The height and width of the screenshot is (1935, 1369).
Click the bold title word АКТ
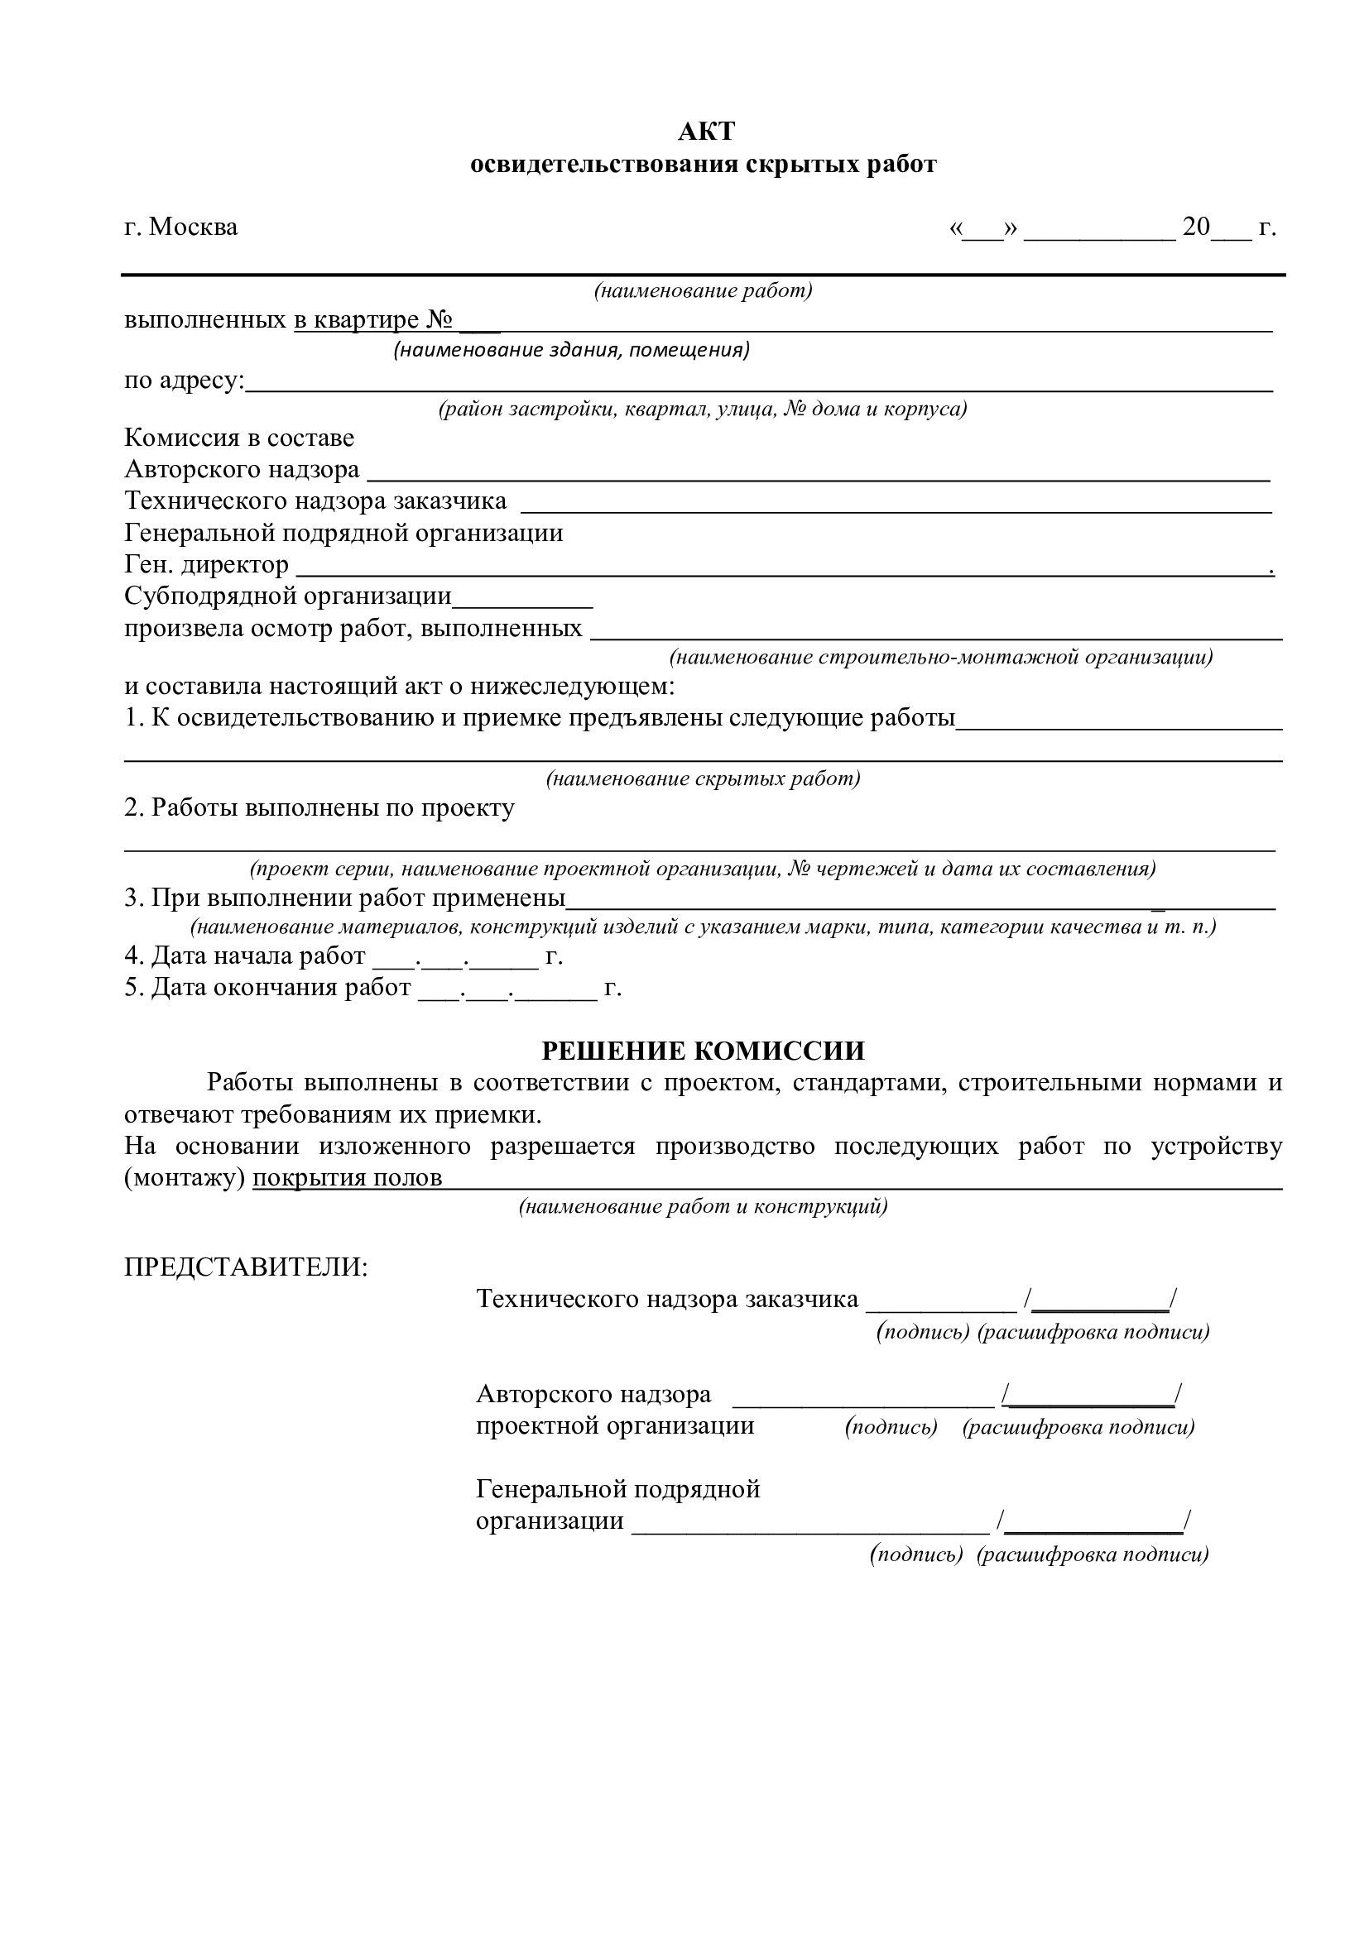click(x=706, y=132)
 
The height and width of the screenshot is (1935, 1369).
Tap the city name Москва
click(x=193, y=228)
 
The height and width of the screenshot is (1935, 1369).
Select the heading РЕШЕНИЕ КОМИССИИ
click(x=703, y=1051)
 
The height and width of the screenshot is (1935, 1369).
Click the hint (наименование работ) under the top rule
click(x=703, y=291)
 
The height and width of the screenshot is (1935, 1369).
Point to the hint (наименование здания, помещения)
click(x=572, y=350)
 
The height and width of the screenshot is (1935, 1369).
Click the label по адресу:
click(x=184, y=381)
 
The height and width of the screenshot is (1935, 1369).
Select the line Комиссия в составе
click(x=239, y=438)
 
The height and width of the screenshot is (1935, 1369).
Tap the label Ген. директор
click(x=207, y=565)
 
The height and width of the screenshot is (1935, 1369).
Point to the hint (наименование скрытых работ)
click(x=703, y=778)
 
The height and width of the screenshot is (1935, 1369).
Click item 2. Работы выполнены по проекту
click(x=319, y=808)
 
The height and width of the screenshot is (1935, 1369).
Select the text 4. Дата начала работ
click(x=245, y=956)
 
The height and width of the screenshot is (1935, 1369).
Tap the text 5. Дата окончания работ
click(x=268, y=987)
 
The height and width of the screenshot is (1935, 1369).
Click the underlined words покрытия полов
click(x=348, y=1177)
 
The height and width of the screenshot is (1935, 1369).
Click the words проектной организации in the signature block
click(x=615, y=1426)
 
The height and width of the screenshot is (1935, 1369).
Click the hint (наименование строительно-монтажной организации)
click(x=941, y=657)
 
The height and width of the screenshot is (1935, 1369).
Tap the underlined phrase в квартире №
click(x=372, y=320)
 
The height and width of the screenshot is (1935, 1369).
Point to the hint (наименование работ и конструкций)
click(x=703, y=1207)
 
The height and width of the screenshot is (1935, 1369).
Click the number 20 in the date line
click(x=1196, y=227)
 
